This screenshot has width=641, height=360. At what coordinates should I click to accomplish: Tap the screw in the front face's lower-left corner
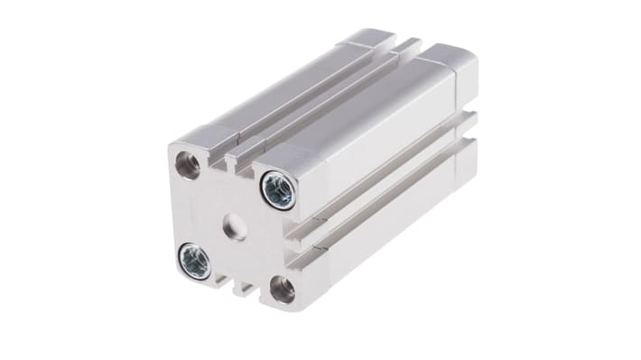(194, 261)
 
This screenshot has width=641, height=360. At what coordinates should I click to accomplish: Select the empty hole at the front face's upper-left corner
(187, 164)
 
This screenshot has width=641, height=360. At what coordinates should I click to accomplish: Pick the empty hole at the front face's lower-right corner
(281, 289)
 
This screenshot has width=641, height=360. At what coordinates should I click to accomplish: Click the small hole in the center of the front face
(236, 226)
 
